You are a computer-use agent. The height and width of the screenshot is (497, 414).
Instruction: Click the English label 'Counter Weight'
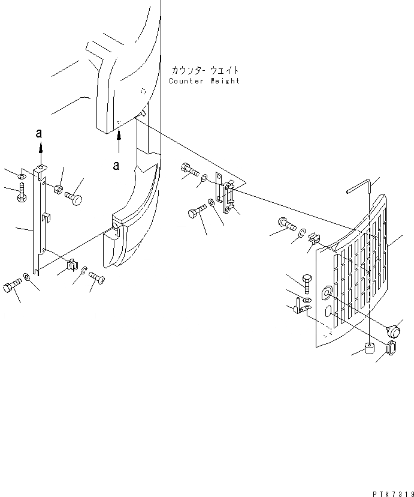click(204, 81)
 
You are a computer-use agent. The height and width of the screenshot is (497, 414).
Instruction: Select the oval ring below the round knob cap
click(390, 348)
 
